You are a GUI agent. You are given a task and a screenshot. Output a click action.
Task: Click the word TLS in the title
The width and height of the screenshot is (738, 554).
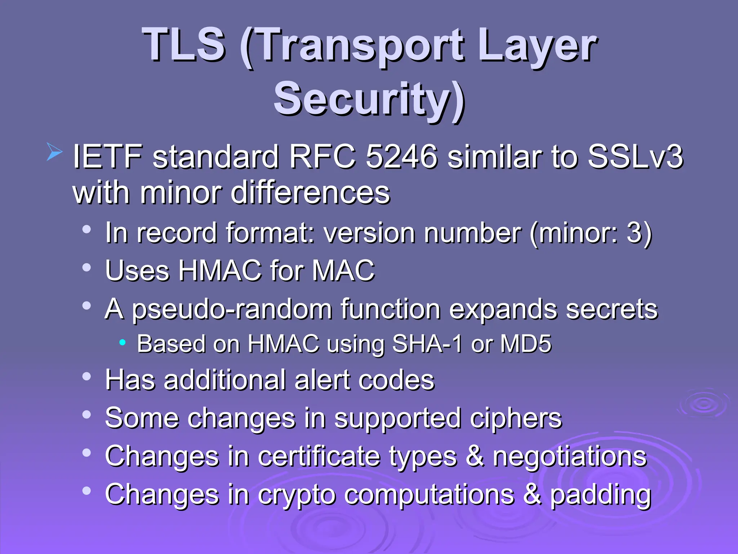(x=184, y=45)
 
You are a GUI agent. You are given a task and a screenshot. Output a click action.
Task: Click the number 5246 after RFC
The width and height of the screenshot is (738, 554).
(x=402, y=157)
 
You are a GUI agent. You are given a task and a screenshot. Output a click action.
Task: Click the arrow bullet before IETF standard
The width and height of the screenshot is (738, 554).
(x=55, y=152)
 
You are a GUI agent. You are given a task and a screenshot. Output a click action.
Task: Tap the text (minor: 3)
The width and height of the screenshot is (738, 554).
(x=591, y=233)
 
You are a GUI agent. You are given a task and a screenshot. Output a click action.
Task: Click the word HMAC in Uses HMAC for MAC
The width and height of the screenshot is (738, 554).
(x=220, y=271)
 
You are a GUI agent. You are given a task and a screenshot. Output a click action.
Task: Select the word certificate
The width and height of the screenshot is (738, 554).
(x=319, y=457)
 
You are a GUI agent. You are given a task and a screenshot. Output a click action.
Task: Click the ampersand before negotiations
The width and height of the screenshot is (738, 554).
(x=475, y=457)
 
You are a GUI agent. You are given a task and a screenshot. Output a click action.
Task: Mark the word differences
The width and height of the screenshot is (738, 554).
(x=310, y=193)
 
